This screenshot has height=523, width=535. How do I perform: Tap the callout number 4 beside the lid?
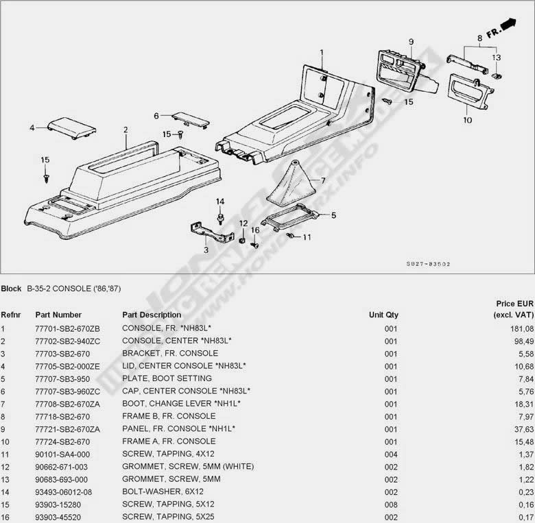pos(32,127)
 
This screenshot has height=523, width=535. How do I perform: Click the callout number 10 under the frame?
pos(468,121)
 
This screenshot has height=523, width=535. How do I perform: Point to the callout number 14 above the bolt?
pos(220,201)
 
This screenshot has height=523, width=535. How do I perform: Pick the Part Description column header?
pos(152,315)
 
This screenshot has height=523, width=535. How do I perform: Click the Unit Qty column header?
pos(383,315)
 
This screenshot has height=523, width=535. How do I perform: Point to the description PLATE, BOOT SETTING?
pos(167,378)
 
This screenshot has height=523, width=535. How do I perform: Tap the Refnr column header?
pos(10,315)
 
